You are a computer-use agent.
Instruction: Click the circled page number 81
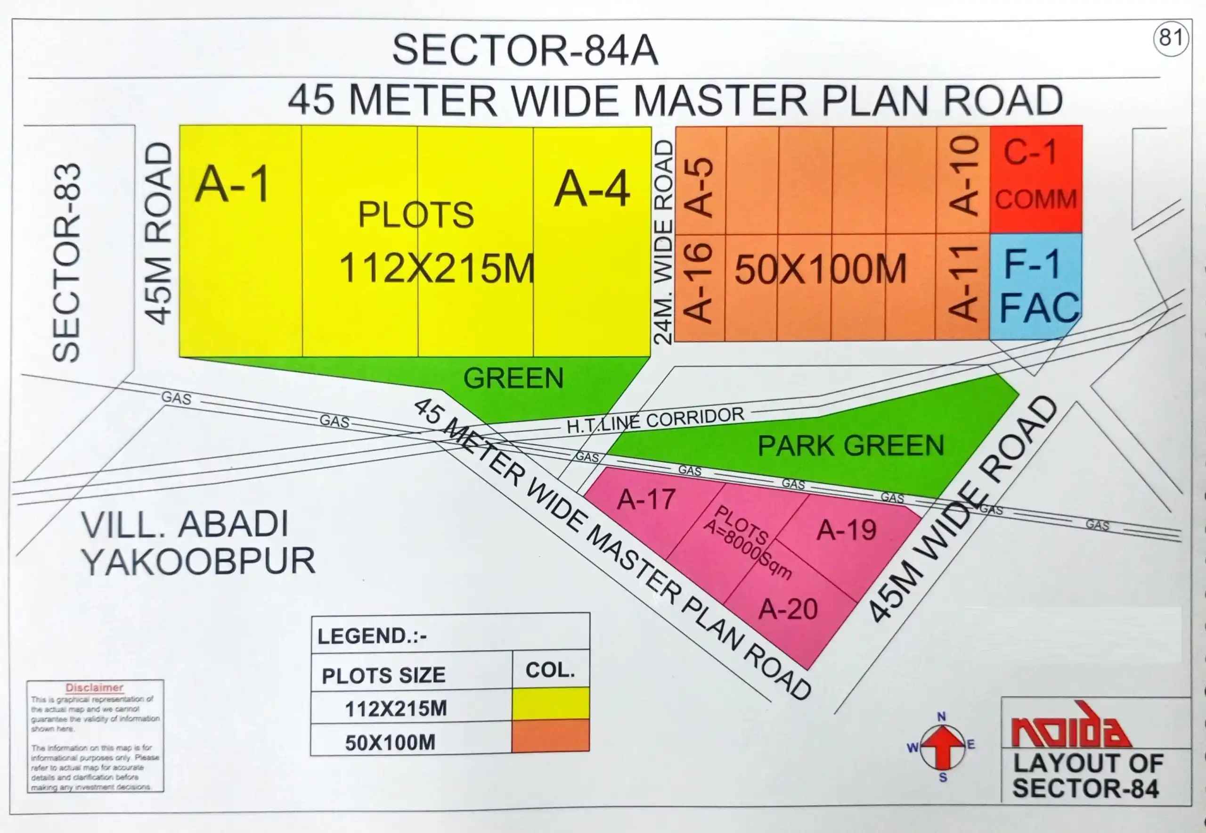tap(1171, 38)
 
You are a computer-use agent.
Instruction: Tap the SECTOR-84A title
tap(525, 50)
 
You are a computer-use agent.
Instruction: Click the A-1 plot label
tap(233, 184)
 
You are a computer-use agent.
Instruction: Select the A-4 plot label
tap(592, 189)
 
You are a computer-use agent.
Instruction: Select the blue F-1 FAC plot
tap(1035, 286)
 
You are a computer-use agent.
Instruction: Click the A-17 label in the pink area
tap(646, 499)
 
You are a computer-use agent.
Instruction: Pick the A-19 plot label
tap(846, 530)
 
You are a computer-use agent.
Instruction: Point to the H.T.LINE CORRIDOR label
tap(655, 420)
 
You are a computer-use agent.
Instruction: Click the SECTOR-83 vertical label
tap(67, 263)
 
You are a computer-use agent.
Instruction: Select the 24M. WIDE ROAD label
tap(663, 242)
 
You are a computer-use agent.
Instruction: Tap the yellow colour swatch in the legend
tap(550, 703)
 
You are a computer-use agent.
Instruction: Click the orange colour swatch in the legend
tap(550, 736)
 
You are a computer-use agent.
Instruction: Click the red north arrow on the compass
tap(942, 744)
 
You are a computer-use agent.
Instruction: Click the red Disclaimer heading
tap(94, 688)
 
